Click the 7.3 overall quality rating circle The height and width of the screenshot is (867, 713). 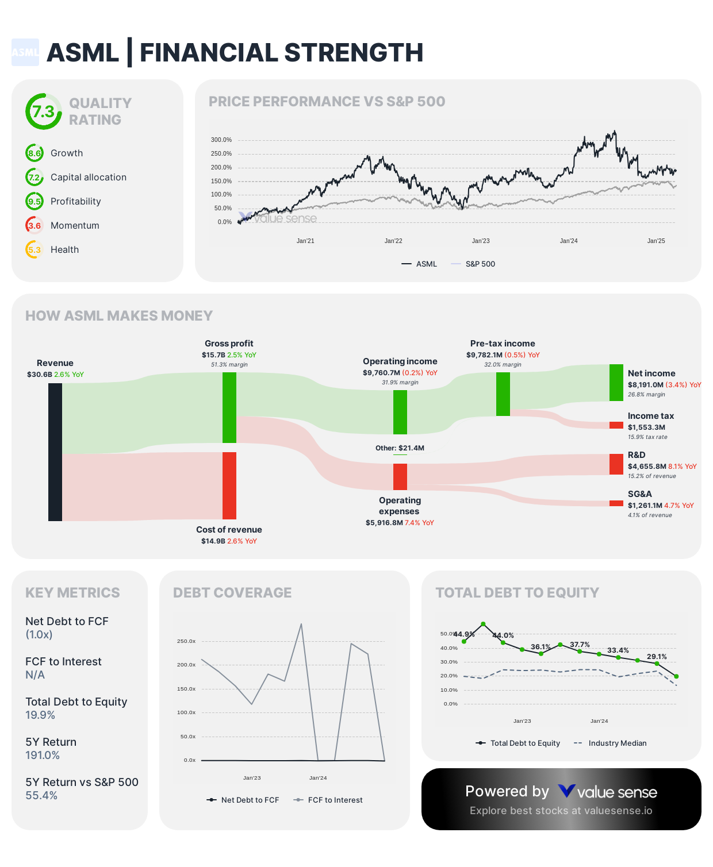point(44,111)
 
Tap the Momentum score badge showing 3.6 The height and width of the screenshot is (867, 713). point(34,225)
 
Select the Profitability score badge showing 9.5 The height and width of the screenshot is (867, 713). point(34,201)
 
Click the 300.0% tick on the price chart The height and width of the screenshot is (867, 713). point(221,140)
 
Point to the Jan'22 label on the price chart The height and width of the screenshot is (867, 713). point(393,241)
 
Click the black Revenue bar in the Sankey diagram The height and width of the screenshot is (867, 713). point(55,452)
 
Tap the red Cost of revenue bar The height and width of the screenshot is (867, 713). point(229,485)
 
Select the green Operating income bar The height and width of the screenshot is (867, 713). point(400,412)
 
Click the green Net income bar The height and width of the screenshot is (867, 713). point(616,383)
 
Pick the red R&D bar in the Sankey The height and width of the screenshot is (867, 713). point(616,464)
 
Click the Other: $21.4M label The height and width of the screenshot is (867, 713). point(400,448)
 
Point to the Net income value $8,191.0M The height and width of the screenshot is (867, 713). point(645,385)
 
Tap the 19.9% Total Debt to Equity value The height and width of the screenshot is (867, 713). point(40,715)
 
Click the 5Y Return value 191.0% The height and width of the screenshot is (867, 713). point(43,755)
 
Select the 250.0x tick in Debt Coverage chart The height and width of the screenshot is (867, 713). point(186,641)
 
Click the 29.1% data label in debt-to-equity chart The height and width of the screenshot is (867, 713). point(657,657)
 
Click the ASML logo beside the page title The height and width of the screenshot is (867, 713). point(25,52)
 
